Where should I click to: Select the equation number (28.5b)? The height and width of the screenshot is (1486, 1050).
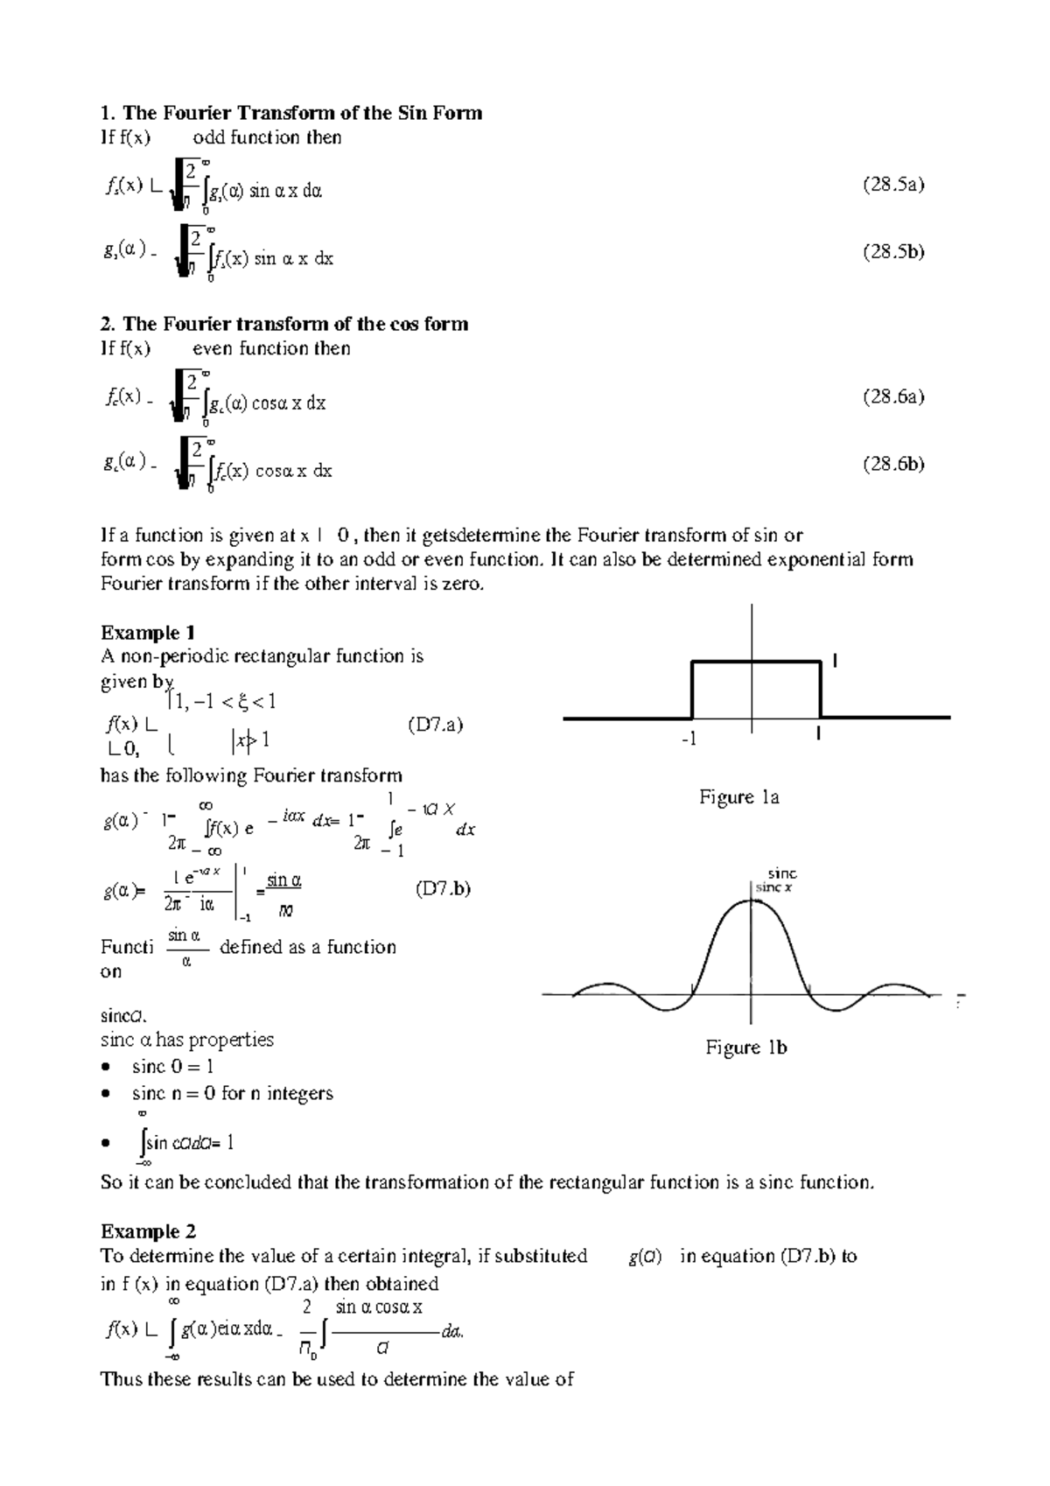(x=892, y=251)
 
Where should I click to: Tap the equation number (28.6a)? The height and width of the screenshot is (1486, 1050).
(x=892, y=396)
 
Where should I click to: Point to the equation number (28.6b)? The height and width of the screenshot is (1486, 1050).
(x=892, y=464)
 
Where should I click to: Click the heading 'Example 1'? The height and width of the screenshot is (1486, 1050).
(x=148, y=633)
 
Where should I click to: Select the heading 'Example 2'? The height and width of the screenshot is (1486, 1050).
(x=148, y=1231)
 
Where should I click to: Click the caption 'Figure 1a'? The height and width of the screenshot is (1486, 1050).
(x=738, y=797)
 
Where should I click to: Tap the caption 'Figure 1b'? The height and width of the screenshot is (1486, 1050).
(x=746, y=1048)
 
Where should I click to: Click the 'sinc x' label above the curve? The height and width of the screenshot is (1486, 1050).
(x=773, y=887)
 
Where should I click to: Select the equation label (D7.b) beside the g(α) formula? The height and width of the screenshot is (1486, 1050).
(x=442, y=889)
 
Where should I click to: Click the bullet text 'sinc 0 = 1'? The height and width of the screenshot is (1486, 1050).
(x=172, y=1066)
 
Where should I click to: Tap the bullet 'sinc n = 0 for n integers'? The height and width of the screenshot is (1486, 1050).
(x=232, y=1093)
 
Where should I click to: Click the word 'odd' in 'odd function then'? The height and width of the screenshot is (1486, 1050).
(x=208, y=137)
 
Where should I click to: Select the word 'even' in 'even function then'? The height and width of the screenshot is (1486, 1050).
(x=212, y=348)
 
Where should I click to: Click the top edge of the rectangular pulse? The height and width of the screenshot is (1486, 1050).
(x=756, y=662)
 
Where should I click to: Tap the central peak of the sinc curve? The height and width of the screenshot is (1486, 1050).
(x=752, y=901)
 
